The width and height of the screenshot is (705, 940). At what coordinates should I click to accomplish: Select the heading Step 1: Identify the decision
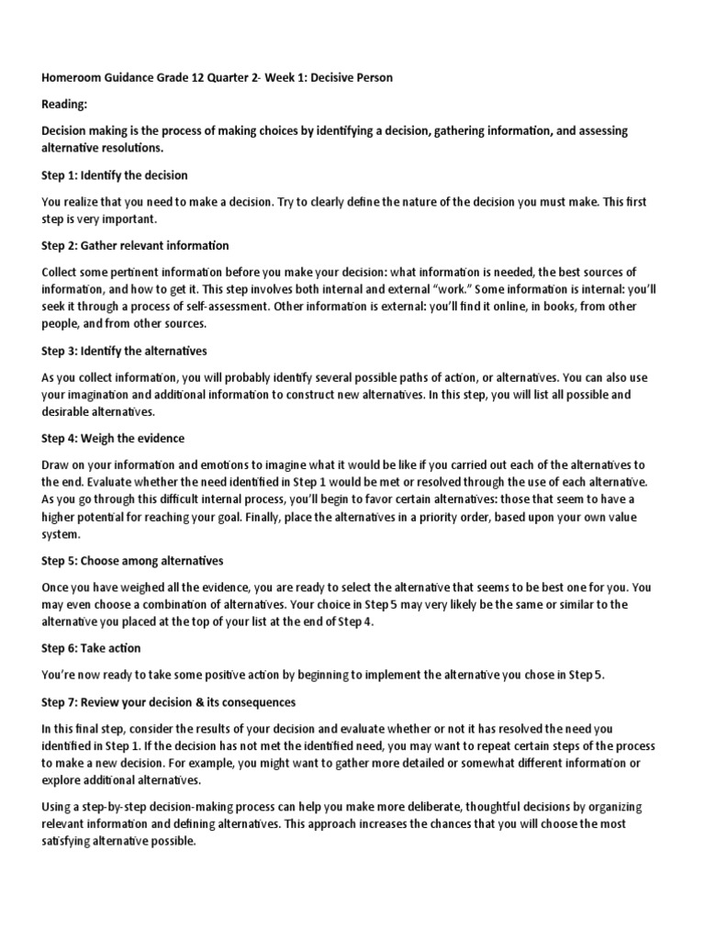coord(115,174)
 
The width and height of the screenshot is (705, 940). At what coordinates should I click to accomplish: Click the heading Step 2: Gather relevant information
coord(136,245)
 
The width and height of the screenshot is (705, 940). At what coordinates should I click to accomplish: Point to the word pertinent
coord(138,272)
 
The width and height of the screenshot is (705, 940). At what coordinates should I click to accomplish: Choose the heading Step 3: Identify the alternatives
coord(124,351)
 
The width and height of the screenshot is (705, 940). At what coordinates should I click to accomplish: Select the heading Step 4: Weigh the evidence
coord(113,438)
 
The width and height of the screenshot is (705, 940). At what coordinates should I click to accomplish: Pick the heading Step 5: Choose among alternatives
coord(132,560)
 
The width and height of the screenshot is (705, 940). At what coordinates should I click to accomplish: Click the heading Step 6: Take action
coord(91,647)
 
